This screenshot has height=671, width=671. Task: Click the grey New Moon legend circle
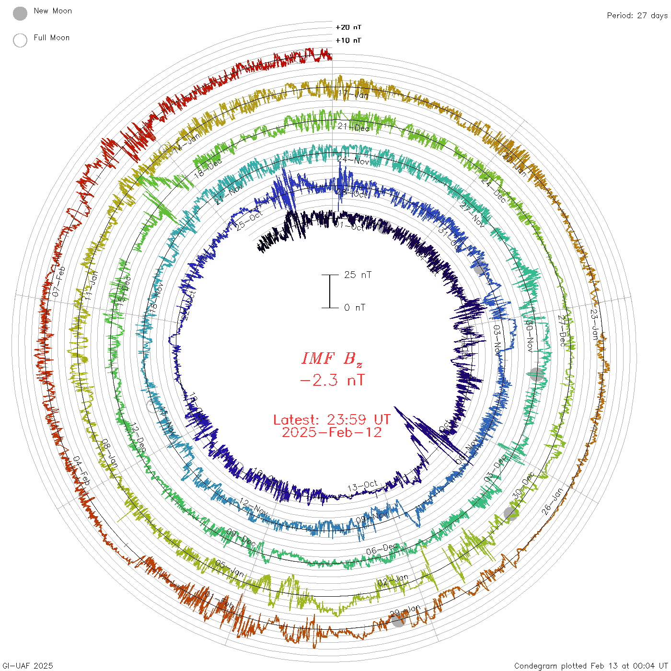(20, 14)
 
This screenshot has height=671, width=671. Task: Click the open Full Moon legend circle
(20, 41)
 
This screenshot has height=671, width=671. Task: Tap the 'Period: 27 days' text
(637, 16)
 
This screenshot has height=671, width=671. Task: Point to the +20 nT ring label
(348, 28)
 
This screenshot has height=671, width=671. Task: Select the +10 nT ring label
(348, 41)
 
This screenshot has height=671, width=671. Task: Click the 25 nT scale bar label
(358, 275)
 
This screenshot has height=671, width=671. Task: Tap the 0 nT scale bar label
(355, 308)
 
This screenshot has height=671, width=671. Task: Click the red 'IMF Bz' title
(332, 359)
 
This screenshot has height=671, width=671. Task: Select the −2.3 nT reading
(332, 381)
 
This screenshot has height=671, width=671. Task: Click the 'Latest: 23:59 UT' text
(332, 420)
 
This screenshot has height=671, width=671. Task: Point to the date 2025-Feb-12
(332, 433)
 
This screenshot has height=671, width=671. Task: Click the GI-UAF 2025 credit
(27, 666)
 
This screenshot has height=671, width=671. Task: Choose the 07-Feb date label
(58, 281)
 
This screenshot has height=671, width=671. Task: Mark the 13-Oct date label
(362, 486)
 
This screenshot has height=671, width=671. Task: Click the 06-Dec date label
(382, 549)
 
